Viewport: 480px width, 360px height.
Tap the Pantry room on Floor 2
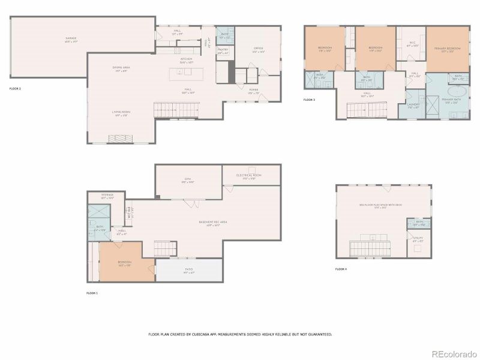[x=223, y=52]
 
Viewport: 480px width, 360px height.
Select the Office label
[x=258, y=49]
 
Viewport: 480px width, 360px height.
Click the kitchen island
[x=187, y=73]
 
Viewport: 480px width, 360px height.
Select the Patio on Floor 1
[x=189, y=271]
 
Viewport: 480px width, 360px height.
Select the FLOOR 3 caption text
[x=309, y=99]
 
